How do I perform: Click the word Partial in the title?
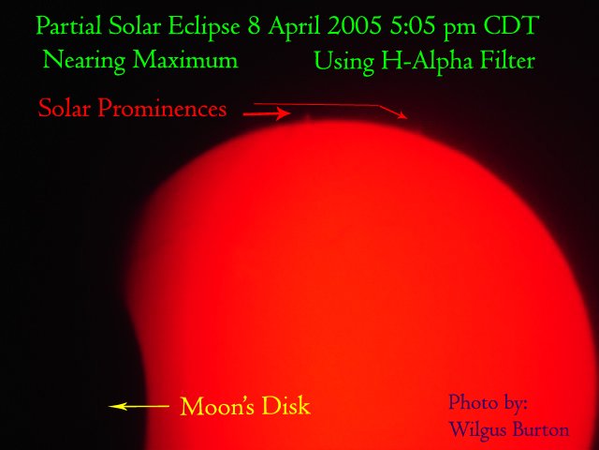[68, 26]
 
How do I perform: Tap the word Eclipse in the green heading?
[204, 27]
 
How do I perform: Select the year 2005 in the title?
[355, 25]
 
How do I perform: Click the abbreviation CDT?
[511, 25]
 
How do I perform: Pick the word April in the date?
[294, 27]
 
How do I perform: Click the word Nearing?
[84, 61]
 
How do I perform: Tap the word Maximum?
[185, 60]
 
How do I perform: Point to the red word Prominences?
[162, 109]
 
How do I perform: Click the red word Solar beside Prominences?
[65, 108]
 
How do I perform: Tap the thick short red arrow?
[267, 113]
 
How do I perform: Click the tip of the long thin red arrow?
[407, 119]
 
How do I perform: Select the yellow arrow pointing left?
[139, 406]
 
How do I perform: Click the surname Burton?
[540, 429]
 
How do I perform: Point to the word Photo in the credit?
[472, 402]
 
